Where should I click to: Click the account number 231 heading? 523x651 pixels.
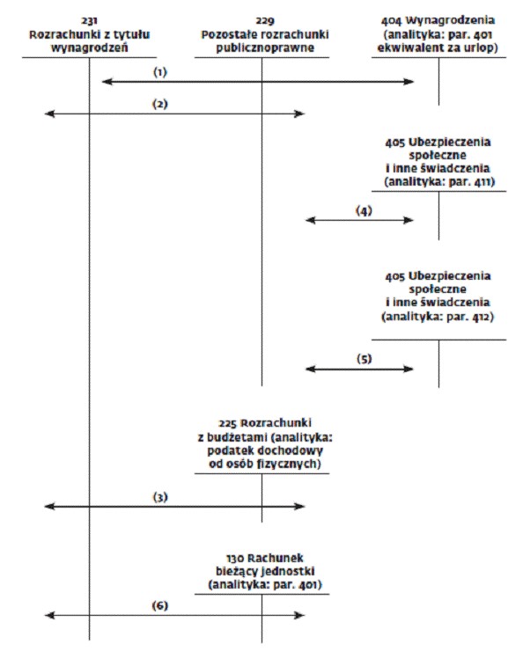[x=89, y=20]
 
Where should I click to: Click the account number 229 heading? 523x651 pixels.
[x=265, y=20]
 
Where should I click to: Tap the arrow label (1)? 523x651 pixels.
[x=160, y=72]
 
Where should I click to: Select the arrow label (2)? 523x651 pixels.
[x=160, y=104]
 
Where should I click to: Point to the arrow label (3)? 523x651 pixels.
[x=160, y=496]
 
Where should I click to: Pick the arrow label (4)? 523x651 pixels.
[x=364, y=210]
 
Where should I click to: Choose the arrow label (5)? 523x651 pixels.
[x=365, y=359]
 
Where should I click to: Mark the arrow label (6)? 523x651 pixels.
[x=160, y=605]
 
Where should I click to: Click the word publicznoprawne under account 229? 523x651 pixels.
[x=265, y=48]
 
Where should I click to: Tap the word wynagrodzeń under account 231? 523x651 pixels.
[x=89, y=48]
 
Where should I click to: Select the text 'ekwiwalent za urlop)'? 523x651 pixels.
[x=438, y=48]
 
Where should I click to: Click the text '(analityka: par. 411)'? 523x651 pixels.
[x=439, y=182]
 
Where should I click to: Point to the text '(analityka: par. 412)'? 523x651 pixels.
[x=438, y=317]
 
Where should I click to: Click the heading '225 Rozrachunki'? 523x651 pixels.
[x=265, y=423]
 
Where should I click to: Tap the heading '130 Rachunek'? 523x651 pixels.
[x=265, y=558]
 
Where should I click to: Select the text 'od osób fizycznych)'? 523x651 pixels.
[x=265, y=464]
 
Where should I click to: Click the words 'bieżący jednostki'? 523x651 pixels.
[x=265, y=571]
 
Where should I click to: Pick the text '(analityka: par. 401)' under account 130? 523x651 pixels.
[x=265, y=585]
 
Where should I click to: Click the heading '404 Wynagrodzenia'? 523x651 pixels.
[x=438, y=20]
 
